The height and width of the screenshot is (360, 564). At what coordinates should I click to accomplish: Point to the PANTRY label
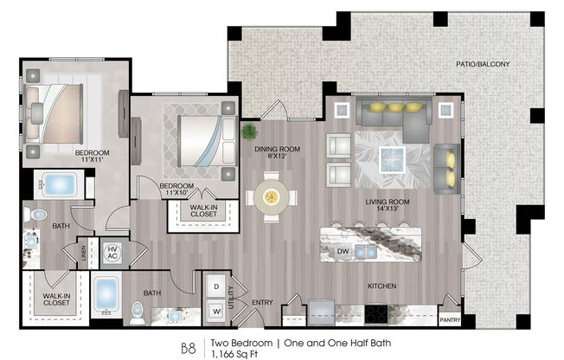point(451,319)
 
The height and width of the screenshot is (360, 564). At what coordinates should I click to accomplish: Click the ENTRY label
point(261,302)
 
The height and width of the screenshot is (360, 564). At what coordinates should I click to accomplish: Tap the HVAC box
point(112,253)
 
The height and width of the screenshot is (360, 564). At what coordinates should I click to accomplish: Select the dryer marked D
point(215,286)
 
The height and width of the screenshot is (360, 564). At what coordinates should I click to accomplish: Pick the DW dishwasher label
point(343,253)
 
